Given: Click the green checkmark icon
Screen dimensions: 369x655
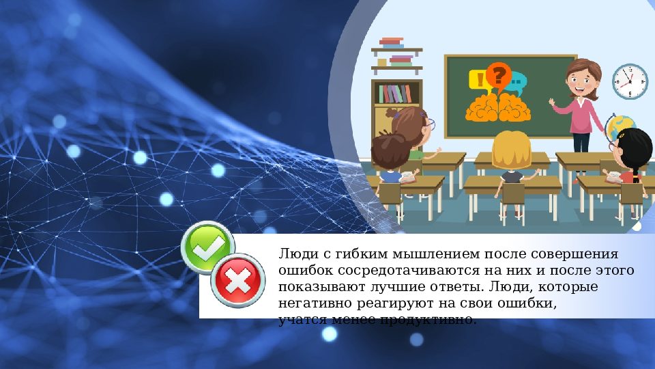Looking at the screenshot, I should [x=208, y=248].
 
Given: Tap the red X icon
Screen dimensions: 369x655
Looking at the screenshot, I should [x=238, y=279].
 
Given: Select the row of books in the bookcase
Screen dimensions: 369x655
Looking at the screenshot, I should [x=396, y=93].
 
